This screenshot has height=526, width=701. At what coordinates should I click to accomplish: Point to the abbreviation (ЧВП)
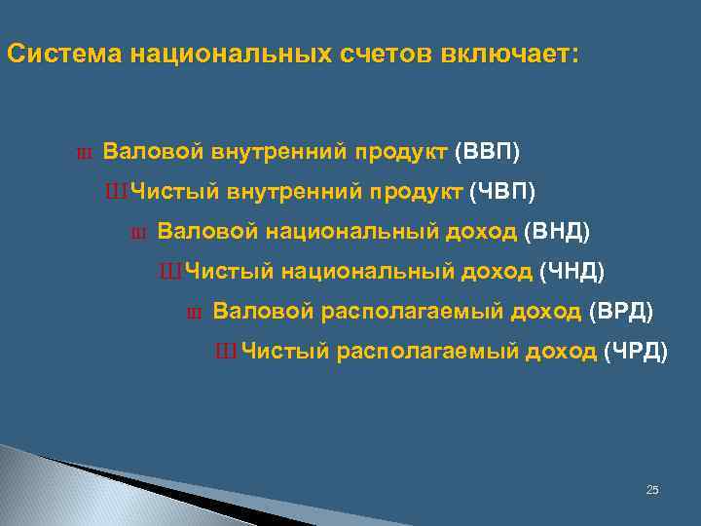pyautogui.click(x=502, y=191)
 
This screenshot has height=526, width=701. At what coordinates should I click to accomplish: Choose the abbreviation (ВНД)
pyautogui.click(x=557, y=232)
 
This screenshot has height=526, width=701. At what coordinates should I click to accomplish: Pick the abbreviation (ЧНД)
pyautogui.click(x=572, y=271)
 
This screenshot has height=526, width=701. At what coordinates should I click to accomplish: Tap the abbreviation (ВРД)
pyautogui.click(x=622, y=311)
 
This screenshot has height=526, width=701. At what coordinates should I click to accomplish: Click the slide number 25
pyautogui.click(x=652, y=489)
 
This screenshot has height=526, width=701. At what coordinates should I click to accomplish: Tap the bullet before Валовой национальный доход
pyautogui.click(x=136, y=234)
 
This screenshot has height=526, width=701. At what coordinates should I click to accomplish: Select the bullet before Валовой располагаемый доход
pyautogui.click(x=192, y=313)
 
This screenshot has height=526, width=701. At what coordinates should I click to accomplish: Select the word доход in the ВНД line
pyautogui.click(x=488, y=232)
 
